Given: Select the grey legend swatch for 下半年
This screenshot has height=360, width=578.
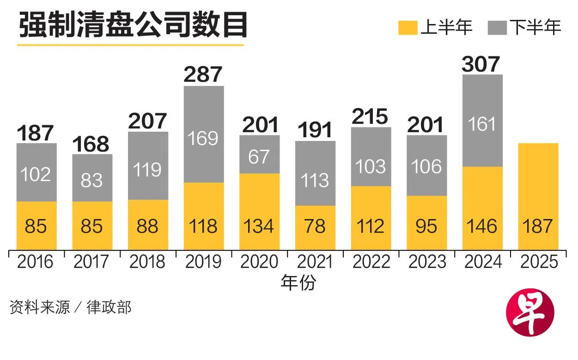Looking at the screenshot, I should pyautogui.click(x=498, y=27).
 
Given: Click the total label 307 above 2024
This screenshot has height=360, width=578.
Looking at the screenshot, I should pyautogui.click(x=481, y=64).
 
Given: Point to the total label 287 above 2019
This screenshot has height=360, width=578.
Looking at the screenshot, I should pyautogui.click(x=203, y=75).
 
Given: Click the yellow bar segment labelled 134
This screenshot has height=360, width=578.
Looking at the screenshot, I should pyautogui.click(x=260, y=212).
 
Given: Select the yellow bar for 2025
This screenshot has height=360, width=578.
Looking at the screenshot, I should pyautogui.click(x=538, y=196).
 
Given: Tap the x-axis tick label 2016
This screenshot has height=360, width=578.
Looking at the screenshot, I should pyautogui.click(x=36, y=262).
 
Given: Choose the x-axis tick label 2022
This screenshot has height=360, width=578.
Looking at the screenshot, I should pyautogui.click(x=371, y=262).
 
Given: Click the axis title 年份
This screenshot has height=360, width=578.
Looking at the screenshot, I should pyautogui.click(x=298, y=283).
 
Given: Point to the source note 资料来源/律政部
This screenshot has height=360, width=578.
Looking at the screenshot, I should pyautogui.click(x=70, y=307).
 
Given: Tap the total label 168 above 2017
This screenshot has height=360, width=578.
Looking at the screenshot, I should pyautogui.click(x=91, y=144).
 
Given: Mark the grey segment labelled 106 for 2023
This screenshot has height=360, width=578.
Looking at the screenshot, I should pyautogui.click(x=427, y=165).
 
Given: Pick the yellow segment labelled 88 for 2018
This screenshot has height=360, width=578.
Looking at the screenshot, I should pyautogui.click(x=148, y=225).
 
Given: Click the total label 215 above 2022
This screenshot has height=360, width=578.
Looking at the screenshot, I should pyautogui.click(x=371, y=117).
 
